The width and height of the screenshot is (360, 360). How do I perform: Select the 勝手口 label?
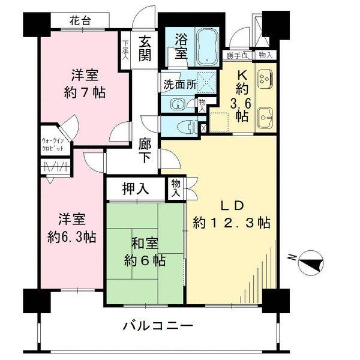(x=238, y=56)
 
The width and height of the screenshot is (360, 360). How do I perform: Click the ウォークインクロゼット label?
(x=56, y=144)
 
